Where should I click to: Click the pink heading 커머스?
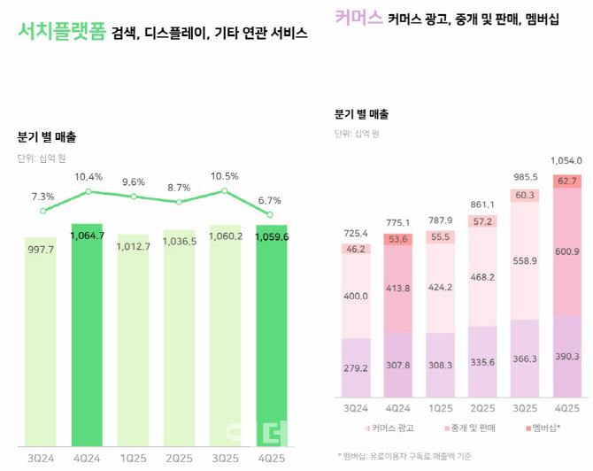pos(358,18)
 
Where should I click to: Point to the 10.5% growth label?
pos(225,175)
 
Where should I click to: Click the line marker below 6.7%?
pos(270,214)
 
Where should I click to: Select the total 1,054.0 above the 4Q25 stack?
pos(566,161)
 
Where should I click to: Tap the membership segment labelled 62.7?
pos(567,181)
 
